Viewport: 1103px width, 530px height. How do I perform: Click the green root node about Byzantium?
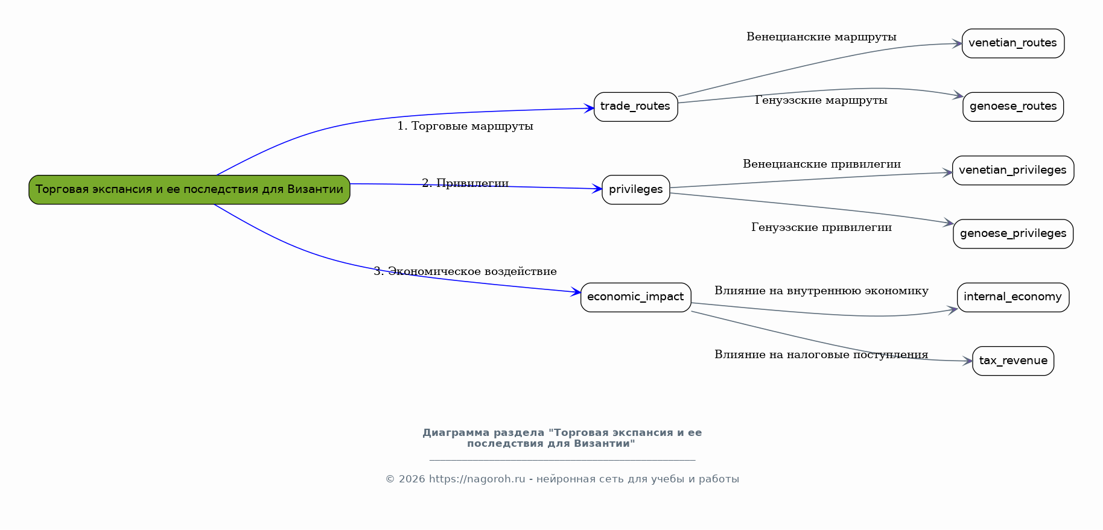click(x=189, y=189)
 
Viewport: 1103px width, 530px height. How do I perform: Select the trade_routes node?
click(x=635, y=107)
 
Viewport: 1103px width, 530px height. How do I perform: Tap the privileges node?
click(x=635, y=189)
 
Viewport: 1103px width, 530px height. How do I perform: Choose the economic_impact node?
click(x=635, y=297)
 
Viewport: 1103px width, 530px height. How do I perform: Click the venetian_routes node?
click(x=1012, y=43)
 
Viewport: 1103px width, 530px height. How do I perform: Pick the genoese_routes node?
click(x=1013, y=107)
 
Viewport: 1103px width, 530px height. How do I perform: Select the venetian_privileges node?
click(x=1013, y=171)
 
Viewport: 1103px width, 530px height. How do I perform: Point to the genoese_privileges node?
click(x=1013, y=234)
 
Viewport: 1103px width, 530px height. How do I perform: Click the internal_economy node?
click(x=1013, y=297)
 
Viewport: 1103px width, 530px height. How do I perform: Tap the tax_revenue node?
click(x=1013, y=361)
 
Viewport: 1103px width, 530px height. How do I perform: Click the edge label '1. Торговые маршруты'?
click(x=465, y=126)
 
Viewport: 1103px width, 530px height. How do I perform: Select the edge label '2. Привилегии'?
click(x=465, y=183)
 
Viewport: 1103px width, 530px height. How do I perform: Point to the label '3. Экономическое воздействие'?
click(x=465, y=271)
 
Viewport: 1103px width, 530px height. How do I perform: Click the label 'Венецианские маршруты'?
click(x=821, y=37)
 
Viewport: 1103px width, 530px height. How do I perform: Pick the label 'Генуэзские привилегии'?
click(x=821, y=227)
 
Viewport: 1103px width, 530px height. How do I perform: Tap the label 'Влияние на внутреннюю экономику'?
click(x=821, y=291)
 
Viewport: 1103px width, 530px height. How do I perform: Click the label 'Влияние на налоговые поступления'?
click(x=821, y=355)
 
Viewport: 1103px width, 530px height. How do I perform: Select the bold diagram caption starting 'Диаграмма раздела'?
click(x=562, y=438)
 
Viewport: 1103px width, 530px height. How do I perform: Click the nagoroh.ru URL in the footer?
click(x=477, y=479)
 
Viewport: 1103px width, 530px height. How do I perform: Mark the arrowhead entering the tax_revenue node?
click(x=967, y=361)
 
